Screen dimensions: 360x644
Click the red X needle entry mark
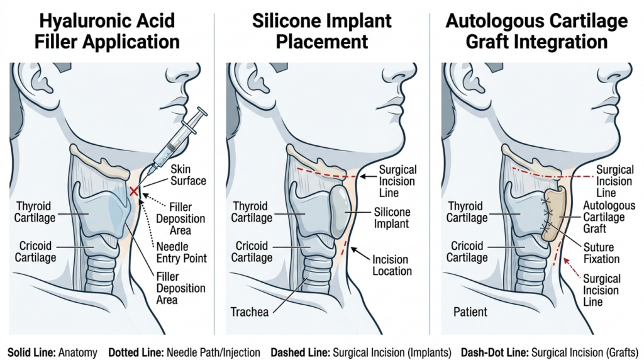coord(133,190)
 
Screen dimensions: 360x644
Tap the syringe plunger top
coord(201,112)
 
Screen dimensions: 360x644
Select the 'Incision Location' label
coord(391,265)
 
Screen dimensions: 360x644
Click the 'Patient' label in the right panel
coord(470,312)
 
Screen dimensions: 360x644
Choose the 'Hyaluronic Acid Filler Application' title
coord(108,31)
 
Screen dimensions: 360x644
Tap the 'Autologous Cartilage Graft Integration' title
coord(536,31)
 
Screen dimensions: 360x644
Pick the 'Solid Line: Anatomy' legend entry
coord(53,352)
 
